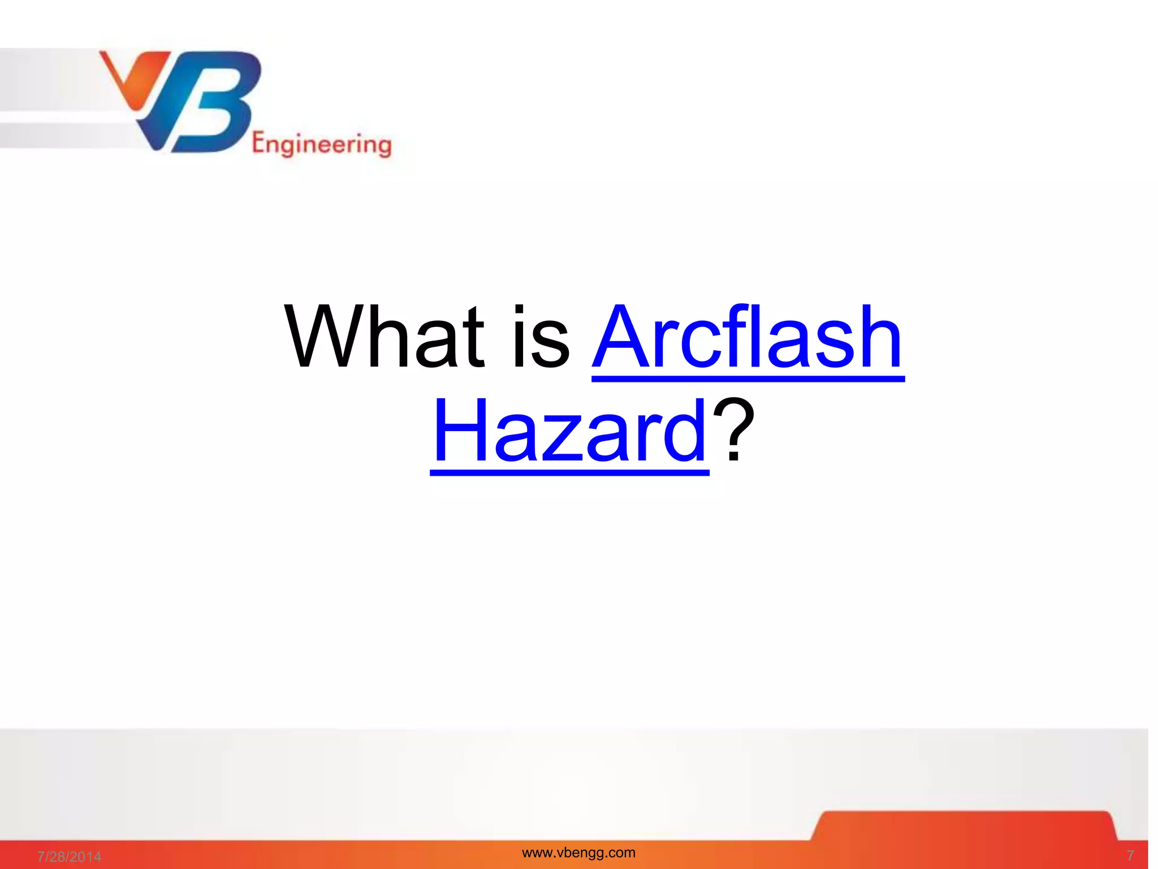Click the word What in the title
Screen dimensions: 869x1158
[x=384, y=337]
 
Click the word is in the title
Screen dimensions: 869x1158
[x=541, y=337]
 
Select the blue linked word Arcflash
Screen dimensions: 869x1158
[x=748, y=337]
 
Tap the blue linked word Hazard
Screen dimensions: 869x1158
[x=569, y=431]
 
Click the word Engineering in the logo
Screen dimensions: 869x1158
[x=322, y=145]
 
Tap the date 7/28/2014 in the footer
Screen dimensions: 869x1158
[x=69, y=857]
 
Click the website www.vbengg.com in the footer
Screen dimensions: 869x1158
[x=578, y=853]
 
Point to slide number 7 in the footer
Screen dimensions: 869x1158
[x=1130, y=855]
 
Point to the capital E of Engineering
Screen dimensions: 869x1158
[x=258, y=144]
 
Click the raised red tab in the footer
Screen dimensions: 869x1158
[x=964, y=826]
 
